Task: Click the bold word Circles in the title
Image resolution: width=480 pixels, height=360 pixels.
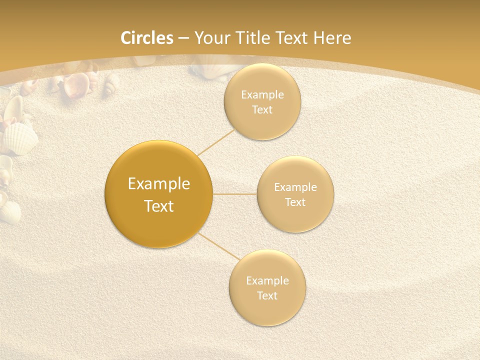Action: tap(147, 38)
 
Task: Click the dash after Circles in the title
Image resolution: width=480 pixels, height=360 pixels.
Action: tap(183, 38)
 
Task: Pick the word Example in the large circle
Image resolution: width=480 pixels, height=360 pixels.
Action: tap(159, 184)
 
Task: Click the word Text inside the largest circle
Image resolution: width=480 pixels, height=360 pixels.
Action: tap(159, 206)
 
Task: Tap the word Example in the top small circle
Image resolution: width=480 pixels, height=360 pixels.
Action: tap(262, 95)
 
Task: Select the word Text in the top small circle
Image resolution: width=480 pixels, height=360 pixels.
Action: tap(262, 110)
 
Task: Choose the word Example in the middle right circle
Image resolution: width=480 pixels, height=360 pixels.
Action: tap(295, 187)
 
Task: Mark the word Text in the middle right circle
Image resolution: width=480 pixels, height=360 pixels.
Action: tap(295, 202)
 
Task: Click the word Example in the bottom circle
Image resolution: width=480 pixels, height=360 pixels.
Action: tap(267, 281)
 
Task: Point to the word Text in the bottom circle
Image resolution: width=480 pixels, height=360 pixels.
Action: tap(267, 296)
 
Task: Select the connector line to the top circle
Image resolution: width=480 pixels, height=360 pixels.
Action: tap(217, 142)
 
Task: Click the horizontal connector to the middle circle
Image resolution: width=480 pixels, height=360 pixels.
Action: tap(234, 194)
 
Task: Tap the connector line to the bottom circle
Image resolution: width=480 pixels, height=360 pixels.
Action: tap(219, 246)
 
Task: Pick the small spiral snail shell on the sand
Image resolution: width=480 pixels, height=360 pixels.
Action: tap(108, 90)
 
